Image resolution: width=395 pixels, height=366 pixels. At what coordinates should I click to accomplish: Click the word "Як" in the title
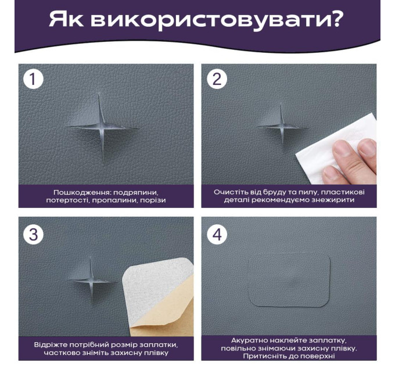tap(66, 19)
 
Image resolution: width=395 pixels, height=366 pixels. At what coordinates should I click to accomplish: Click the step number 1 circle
tap(33, 79)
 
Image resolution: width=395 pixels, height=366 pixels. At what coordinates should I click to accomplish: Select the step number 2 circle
tap(217, 79)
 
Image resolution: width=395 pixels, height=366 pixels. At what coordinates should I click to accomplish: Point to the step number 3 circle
tap(33, 234)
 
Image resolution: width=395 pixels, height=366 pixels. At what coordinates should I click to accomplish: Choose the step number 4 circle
tap(217, 234)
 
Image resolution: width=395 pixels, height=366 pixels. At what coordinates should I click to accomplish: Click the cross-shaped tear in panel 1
tap(102, 127)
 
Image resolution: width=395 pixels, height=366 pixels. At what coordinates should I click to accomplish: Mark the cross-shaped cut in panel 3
tap(91, 281)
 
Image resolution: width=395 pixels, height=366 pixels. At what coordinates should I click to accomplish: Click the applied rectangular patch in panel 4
tap(289, 279)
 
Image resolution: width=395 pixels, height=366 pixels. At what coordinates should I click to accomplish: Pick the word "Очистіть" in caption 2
tap(227, 192)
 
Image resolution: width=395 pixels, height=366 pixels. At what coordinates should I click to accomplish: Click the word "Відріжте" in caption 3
tap(50, 345)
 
